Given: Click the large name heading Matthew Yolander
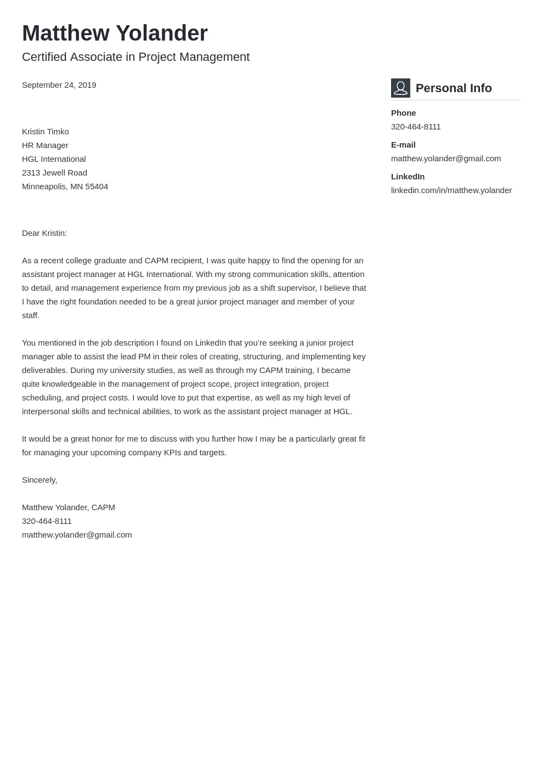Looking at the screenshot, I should point(115,33).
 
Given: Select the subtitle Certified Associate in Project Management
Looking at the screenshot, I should point(135,57).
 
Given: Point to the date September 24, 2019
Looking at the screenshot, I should point(59,85).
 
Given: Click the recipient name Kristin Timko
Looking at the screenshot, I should point(46,132).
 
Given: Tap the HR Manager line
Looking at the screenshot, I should point(45,145).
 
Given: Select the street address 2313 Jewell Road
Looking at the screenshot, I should point(54,173).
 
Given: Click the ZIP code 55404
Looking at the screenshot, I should point(97,187).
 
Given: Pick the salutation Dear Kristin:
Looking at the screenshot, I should point(44,233).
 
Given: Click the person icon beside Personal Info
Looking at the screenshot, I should point(400,88).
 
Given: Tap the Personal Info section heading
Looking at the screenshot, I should point(454,88).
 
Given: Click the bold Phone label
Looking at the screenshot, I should point(403,113).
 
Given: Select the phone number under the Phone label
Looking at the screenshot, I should point(416,127).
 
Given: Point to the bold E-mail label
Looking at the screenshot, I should point(403,145).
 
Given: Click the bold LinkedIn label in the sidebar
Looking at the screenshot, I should point(408,177).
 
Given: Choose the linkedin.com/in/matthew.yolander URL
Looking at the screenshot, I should point(451,190).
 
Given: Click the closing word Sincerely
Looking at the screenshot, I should point(39,480).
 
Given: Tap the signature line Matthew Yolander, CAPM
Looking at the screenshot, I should point(69,507).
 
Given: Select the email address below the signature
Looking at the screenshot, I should point(77,535).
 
